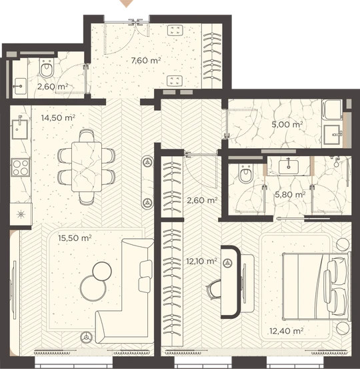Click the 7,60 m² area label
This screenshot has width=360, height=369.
pos(146,61)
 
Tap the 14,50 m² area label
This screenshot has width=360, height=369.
pos(58,117)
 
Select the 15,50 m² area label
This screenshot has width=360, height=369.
pos(75,238)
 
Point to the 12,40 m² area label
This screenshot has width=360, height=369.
pos(286,331)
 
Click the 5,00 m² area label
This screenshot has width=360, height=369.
pos(287,124)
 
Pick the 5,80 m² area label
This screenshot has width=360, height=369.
pos(290,195)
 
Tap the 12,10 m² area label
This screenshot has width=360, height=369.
pos(201,261)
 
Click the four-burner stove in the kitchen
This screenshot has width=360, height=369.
pos(21,167)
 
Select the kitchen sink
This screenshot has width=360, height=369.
pos(20,129)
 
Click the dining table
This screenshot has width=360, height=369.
pos(87,167)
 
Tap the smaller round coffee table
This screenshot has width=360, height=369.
pos(102,272)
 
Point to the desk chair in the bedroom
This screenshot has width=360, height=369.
pos(214,289)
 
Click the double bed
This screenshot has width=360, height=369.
pos(316,286)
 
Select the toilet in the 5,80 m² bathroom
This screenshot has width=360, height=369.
pos(245,174)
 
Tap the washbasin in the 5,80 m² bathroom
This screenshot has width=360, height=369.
pos(289,167)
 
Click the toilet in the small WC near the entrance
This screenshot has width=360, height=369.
pos(46,68)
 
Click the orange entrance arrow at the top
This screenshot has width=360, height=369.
pos(127,3)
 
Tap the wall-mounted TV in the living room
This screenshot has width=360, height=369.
pos(14,290)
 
